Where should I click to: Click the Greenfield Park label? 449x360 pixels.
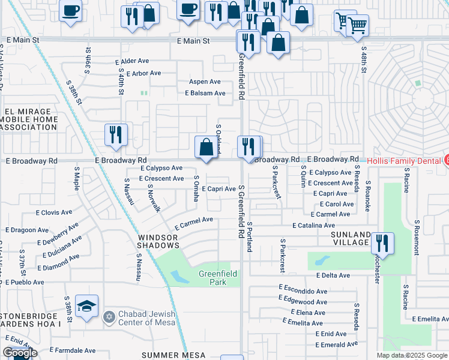tap(218, 278)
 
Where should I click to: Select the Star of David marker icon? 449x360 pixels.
tap(109, 316)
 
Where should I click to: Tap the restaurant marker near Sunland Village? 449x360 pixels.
tap(382, 244)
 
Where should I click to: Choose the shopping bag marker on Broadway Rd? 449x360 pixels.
tap(206, 147)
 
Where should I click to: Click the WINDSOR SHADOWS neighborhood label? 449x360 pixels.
tap(158, 241)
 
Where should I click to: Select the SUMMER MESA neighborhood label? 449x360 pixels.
tap(169, 355)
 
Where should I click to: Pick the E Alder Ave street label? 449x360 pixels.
tap(132, 61)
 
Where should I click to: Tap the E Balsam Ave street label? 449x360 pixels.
tap(205, 93)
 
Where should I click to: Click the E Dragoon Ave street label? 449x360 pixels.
tap(27, 230)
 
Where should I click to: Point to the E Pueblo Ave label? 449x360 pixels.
tap(22, 281)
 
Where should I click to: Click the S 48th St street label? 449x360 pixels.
tap(364, 62)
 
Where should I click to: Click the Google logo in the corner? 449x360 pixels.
tap(20, 353)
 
